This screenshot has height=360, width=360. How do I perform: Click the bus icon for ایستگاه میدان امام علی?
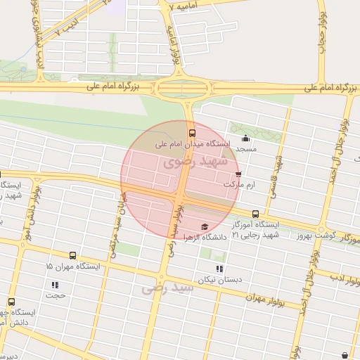coord(192,132)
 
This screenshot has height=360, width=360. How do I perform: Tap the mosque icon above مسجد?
coord(245,138)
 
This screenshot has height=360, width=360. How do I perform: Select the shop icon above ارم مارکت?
coord(238,174)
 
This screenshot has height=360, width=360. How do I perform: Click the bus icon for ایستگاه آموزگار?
coord(255,214)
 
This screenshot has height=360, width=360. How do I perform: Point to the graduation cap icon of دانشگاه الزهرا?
coord(205,226)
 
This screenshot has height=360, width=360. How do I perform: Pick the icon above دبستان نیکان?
coord(220,269)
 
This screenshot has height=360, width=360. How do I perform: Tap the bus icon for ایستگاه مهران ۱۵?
coord(73,256)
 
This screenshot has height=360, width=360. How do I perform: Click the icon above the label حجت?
coord(55,285)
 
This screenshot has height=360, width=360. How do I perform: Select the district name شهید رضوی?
coord(195,162)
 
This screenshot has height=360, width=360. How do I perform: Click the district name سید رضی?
coord(167,288)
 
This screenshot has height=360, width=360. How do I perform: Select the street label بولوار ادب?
coord(344,282)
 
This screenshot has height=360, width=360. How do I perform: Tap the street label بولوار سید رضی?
coord(173,226)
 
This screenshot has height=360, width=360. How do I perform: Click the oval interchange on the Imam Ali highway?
coord(184,89)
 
